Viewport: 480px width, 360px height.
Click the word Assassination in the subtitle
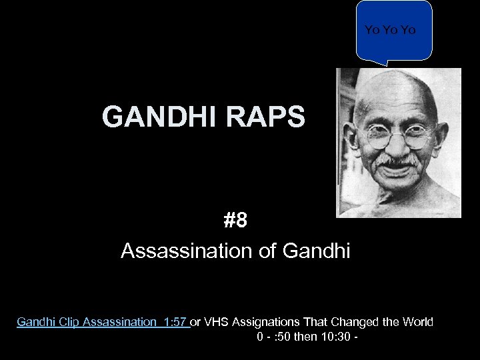pos(176,251)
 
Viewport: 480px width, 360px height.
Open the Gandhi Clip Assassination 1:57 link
pos(103,323)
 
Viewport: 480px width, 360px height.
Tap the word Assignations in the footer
pos(270,323)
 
